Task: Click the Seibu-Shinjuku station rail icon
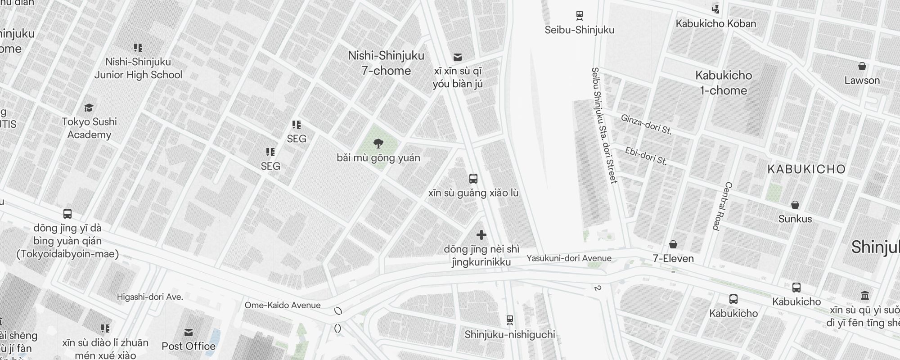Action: coord(580,15)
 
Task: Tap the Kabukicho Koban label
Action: coord(715,23)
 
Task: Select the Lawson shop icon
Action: coord(862,67)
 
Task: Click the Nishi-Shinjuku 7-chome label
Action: coord(386,63)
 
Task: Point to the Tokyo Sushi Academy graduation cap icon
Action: coord(89,108)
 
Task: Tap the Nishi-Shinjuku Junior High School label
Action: coord(138,68)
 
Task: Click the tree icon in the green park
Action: coord(378,144)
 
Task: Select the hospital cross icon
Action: coord(481,235)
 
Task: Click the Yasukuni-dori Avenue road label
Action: coord(569,258)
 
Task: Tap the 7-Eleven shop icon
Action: coord(673,244)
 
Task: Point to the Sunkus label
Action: coord(795,219)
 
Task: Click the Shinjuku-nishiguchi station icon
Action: coord(509,320)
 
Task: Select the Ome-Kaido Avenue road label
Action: coord(283,305)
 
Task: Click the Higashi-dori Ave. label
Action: coord(150,297)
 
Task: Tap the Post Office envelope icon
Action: coord(189,333)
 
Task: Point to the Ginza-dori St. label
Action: coord(646,124)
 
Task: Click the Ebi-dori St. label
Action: coord(646,156)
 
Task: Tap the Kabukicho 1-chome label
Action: coord(723,83)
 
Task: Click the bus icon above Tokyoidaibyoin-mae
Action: coord(67,214)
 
